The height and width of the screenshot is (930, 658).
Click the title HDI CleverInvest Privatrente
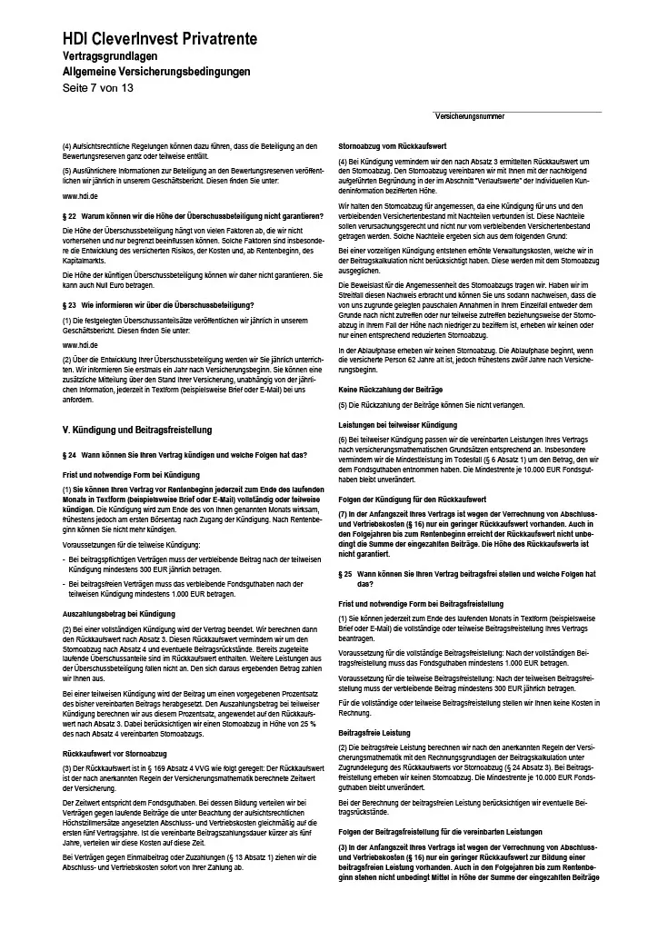click(159, 39)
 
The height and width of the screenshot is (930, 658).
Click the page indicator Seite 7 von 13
click(97, 88)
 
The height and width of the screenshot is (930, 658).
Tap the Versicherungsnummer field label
click(470, 117)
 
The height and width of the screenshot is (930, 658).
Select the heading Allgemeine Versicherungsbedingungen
click(155, 72)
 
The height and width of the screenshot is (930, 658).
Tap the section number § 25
click(345, 575)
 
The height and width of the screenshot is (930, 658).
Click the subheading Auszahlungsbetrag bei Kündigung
click(118, 614)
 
